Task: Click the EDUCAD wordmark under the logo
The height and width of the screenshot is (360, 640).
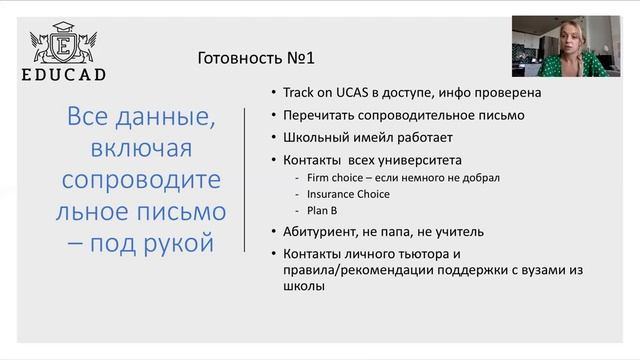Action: pyautogui.click(x=65, y=74)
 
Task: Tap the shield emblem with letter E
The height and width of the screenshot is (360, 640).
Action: pyautogui.click(x=66, y=44)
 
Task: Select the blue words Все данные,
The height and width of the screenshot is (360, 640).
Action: pyautogui.click(x=141, y=116)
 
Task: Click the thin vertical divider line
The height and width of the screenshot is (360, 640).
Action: pyautogui.click(x=246, y=181)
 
